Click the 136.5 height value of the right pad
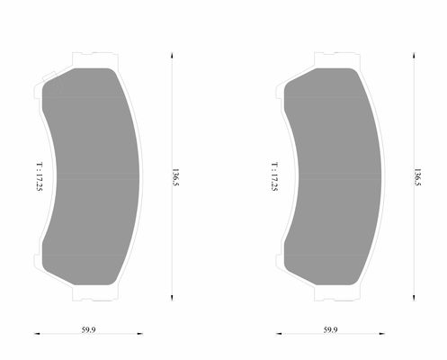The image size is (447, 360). coord(416,175)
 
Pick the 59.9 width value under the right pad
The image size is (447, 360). coord(329,331)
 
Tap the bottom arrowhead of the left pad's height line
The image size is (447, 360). coord(171,298)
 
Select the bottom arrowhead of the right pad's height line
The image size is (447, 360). coord(413,298)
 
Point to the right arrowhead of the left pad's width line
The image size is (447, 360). coord(139,335)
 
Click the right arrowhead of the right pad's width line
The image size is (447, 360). coord(383,335)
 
